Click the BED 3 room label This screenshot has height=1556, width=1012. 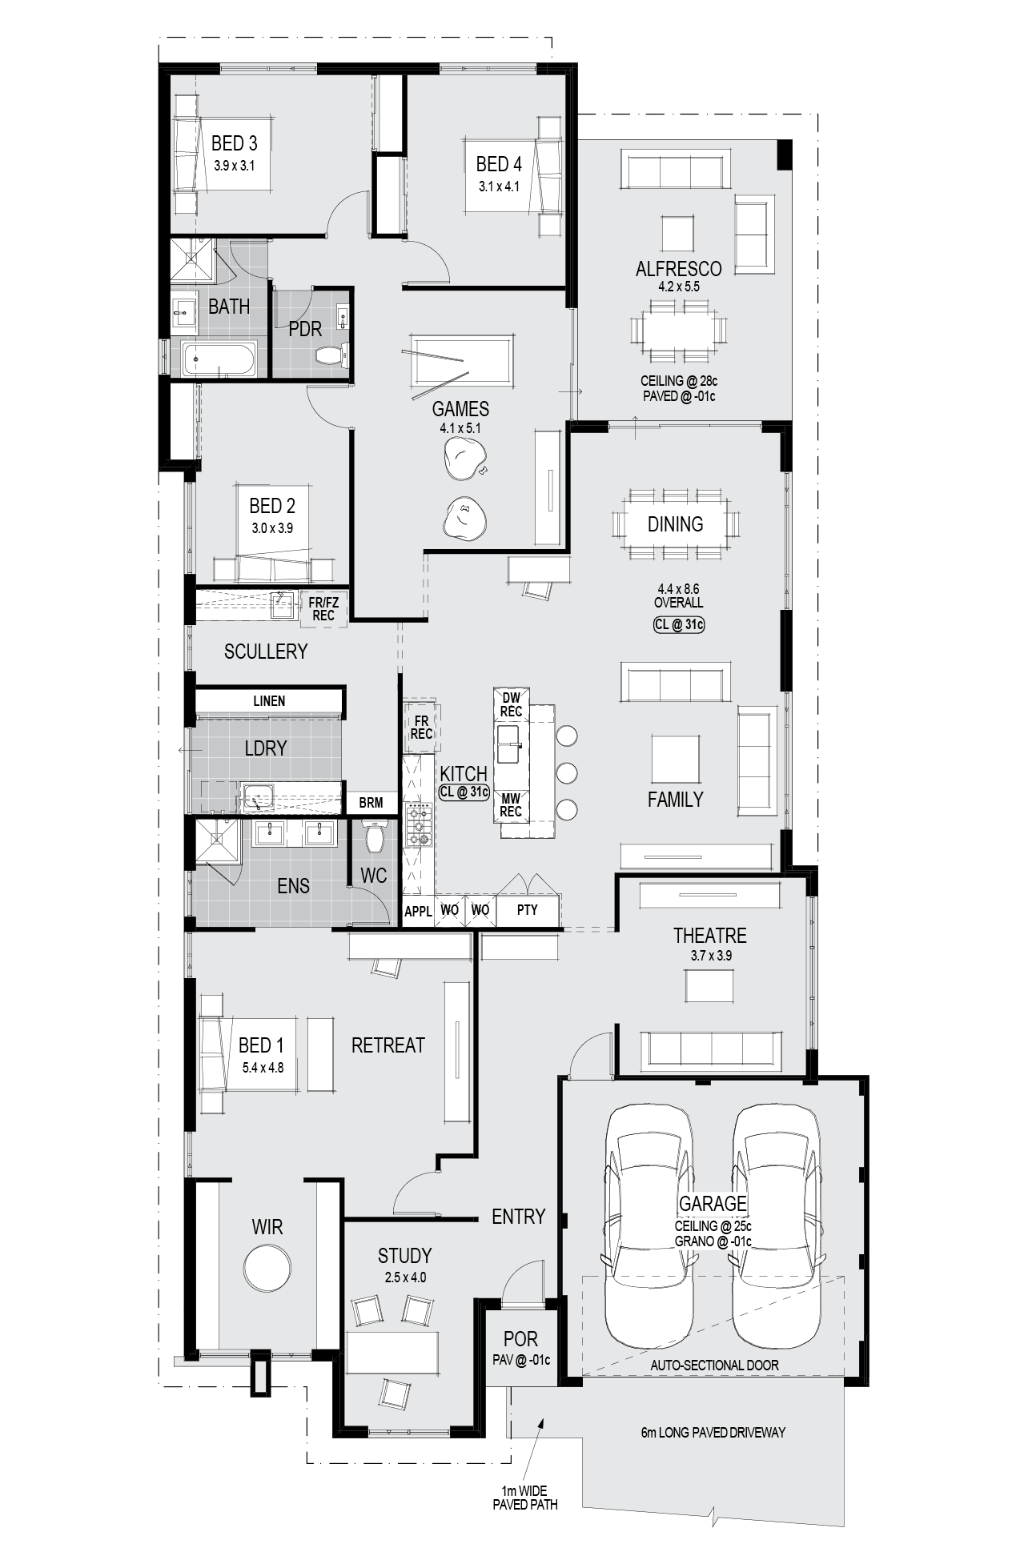click(x=234, y=143)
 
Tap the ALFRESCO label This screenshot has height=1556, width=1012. click(x=678, y=269)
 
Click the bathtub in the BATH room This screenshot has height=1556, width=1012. click(x=219, y=359)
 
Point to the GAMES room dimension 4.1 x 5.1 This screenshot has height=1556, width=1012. click(x=460, y=428)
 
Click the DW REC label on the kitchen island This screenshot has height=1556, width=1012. click(x=511, y=705)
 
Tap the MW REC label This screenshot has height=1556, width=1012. click(x=511, y=804)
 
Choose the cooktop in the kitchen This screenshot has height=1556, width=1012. click(x=418, y=825)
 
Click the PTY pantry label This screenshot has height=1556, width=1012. click(x=528, y=909)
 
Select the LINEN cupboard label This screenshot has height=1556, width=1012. click(x=269, y=701)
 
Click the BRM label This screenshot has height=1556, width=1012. click(x=371, y=803)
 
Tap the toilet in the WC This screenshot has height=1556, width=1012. click(x=374, y=835)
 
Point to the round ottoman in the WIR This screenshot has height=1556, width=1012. click(x=267, y=1267)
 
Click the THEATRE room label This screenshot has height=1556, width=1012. click(x=709, y=936)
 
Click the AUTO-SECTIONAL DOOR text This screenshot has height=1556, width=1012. click(x=714, y=1366)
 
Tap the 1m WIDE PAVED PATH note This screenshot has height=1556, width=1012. click(x=525, y=1498)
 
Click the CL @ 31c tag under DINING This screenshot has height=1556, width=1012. click(x=679, y=624)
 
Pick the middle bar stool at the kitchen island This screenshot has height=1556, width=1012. click(x=566, y=772)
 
